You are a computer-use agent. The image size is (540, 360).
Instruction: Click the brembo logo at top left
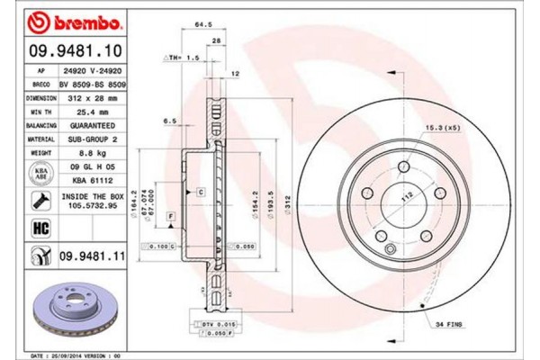[x=58, y=19]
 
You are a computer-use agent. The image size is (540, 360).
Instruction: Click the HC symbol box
[x=41, y=229]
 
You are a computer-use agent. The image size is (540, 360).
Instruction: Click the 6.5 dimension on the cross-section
[x=169, y=119]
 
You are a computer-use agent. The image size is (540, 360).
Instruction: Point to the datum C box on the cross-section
[x=201, y=192]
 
